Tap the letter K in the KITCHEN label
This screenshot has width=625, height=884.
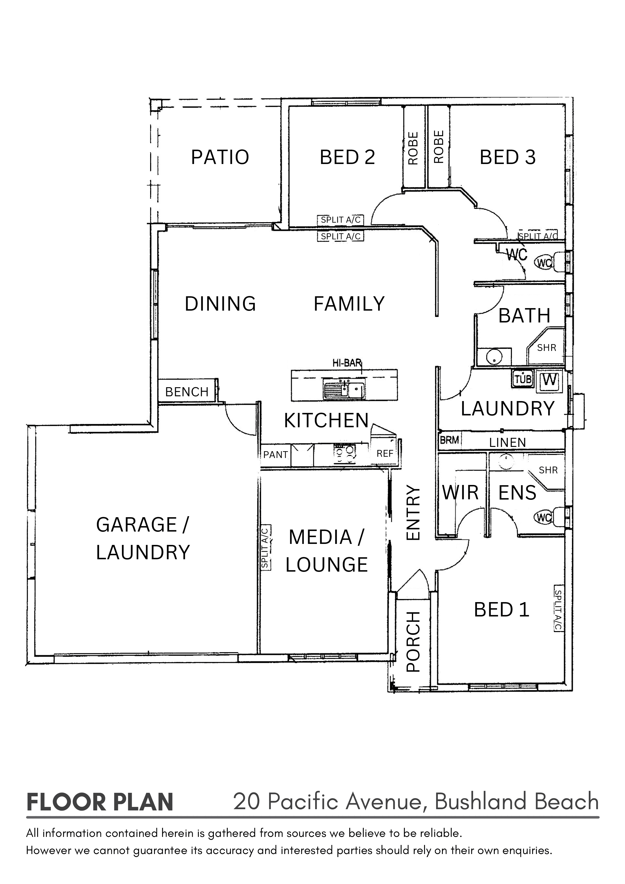click(x=290, y=420)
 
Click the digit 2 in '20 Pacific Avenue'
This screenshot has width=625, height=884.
click(x=240, y=802)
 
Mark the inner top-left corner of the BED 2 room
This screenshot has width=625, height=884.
click(x=289, y=106)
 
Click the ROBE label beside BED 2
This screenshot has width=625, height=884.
click(x=413, y=148)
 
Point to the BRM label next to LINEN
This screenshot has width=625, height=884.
click(x=449, y=440)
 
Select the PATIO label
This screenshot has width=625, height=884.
click(x=220, y=157)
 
